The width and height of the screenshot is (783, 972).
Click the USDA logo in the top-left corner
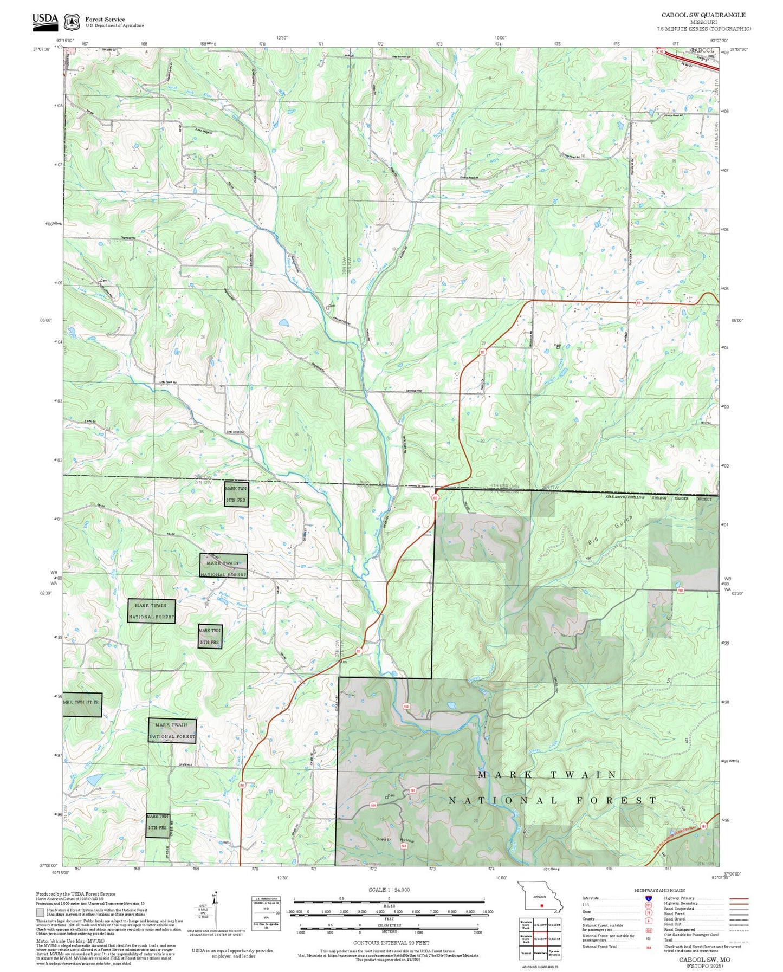45,20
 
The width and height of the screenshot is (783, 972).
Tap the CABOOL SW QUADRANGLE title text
703,15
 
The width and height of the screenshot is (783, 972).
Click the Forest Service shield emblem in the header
71,22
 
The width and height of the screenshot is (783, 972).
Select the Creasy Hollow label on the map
395,840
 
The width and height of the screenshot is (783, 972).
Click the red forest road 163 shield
404,846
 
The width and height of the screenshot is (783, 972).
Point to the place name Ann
343,662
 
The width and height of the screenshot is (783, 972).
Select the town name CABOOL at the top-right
703,50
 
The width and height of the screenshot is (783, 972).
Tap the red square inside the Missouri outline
541,905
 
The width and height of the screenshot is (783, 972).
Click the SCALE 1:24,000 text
389,890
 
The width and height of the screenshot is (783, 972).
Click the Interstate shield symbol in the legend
648,898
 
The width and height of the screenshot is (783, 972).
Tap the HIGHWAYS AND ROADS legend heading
659,890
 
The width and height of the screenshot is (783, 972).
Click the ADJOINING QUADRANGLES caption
540,967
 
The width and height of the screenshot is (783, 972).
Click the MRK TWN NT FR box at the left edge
82,704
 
